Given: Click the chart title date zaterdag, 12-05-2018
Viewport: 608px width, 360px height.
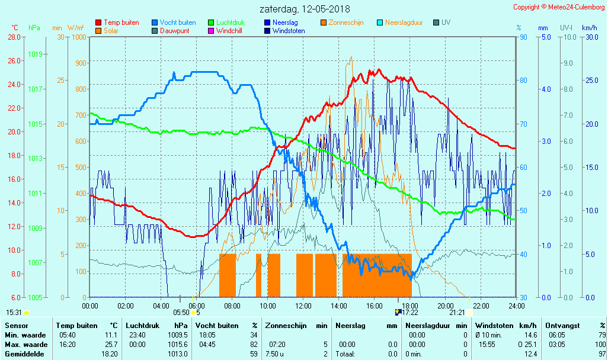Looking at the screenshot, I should (305, 9).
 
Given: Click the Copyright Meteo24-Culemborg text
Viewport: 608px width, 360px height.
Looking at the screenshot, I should (559, 7).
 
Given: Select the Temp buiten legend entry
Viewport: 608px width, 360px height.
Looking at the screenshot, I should (121, 22).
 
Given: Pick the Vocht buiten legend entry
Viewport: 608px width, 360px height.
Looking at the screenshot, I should (177, 22).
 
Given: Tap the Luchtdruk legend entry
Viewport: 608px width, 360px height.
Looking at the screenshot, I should (230, 22).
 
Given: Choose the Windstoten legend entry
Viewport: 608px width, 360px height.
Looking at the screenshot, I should (289, 31).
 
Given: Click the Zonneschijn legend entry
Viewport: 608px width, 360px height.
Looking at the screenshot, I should (345, 22).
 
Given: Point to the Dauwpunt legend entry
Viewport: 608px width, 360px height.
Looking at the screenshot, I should (174, 31).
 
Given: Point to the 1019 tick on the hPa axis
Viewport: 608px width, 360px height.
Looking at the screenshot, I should (35, 54).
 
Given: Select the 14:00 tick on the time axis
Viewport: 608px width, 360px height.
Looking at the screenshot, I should (339, 306).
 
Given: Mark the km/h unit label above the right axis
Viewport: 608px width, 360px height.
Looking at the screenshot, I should (589, 28).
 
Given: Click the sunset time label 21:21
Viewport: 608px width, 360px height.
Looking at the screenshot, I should (457, 312).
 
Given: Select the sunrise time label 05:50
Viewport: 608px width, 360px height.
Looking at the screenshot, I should (181, 312).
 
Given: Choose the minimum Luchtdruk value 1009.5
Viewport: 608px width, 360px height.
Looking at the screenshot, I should (177, 335).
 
